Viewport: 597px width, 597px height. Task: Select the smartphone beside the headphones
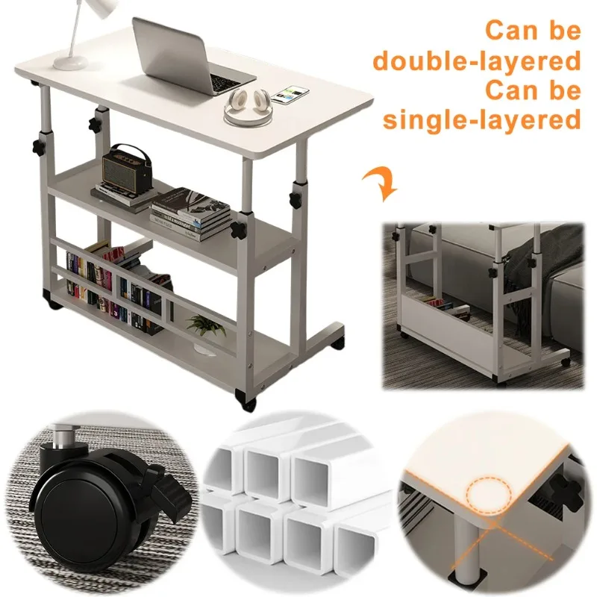coord(291,96)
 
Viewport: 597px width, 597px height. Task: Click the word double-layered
coord(477,61)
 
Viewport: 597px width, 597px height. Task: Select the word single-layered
coord(481,120)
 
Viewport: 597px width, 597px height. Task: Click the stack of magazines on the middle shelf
coord(190,214)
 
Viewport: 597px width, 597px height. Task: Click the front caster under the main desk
coord(246,401)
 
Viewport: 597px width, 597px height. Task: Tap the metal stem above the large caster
coord(63,437)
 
